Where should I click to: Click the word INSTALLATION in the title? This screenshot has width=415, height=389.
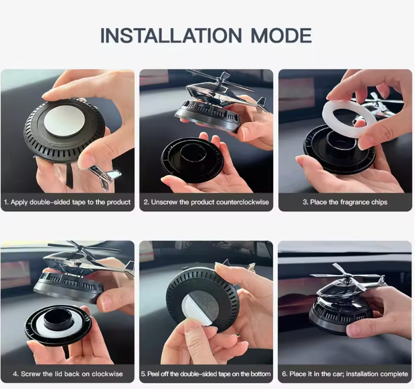172,35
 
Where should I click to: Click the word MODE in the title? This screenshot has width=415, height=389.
281,35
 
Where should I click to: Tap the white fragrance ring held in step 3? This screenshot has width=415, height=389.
349,116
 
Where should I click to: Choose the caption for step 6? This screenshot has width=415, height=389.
345,374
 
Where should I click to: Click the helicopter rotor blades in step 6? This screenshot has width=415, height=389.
345,277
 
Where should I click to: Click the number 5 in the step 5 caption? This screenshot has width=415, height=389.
143,374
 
